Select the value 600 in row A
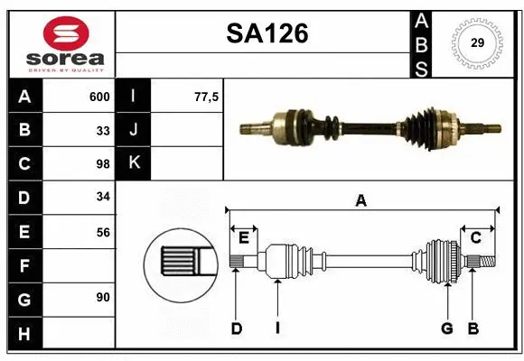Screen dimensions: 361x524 (98, 97)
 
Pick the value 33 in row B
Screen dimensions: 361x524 (102, 130)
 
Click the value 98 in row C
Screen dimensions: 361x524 (102, 164)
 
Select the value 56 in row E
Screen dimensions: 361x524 (102, 232)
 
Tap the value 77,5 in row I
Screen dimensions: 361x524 (207, 97)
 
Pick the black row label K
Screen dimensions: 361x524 (134, 164)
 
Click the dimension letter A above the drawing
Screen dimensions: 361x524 (361, 201)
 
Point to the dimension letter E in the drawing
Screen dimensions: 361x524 (244, 237)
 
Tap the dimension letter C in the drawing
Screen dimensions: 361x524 (474, 237)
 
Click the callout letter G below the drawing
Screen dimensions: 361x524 (446, 329)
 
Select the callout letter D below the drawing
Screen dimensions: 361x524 (236, 329)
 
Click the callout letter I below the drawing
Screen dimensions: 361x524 (277, 329)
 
